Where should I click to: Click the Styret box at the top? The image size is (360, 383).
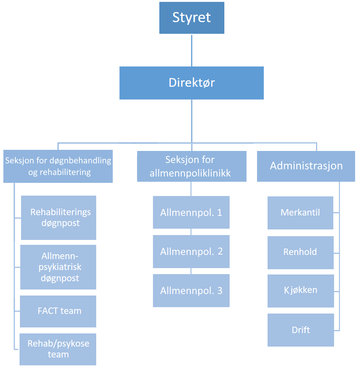click(192, 18)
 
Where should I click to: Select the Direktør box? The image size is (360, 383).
click(192, 83)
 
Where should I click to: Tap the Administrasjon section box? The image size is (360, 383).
click(306, 166)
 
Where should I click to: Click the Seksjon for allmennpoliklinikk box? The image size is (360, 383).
click(192, 166)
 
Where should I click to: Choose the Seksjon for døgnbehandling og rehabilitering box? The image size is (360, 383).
click(58, 166)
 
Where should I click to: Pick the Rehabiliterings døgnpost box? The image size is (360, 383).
click(59, 217)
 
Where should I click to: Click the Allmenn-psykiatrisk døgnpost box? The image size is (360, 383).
click(58, 267)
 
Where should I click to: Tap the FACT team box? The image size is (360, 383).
click(58, 311)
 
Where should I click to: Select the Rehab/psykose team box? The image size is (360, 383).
click(58, 349)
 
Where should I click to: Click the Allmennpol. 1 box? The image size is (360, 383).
click(191, 213)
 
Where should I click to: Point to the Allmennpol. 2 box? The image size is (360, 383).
click(191, 252)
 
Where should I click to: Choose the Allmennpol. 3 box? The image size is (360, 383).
click(191, 291)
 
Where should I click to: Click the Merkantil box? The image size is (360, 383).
click(300, 213)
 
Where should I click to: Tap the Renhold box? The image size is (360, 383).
click(300, 252)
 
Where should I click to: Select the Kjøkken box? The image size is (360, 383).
click(300, 291)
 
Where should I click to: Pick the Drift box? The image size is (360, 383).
click(301, 330)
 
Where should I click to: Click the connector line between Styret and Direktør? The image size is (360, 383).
click(192, 50)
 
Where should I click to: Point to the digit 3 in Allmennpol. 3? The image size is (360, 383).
click(219, 291)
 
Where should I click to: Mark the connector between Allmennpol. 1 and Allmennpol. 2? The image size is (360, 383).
click(191, 232)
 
